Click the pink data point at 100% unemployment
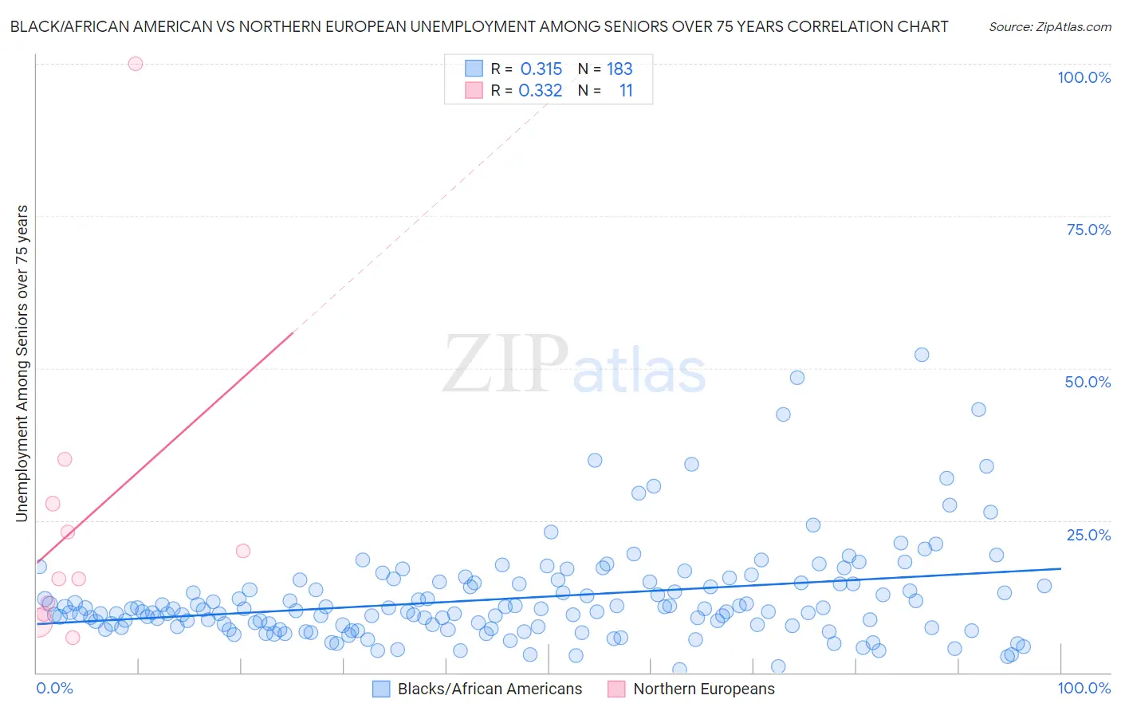click(136, 64)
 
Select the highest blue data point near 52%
click(922, 355)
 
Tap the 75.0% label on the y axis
click(1088, 230)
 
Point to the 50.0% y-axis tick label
click(1088, 382)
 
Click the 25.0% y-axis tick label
click(1088, 535)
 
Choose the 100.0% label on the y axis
click(1084, 77)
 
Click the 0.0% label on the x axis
click(55, 688)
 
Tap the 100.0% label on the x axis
click(1084, 688)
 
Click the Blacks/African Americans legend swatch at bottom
click(382, 689)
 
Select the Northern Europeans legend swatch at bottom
click(616, 689)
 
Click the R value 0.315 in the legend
click(541, 69)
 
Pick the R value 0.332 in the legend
click(541, 90)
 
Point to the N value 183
click(619, 69)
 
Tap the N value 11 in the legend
click(626, 90)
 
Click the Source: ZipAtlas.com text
click(1049, 26)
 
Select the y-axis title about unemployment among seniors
click(22, 363)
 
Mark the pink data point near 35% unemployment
click(65, 459)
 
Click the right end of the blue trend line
click(1060, 568)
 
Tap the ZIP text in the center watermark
click(505, 364)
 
